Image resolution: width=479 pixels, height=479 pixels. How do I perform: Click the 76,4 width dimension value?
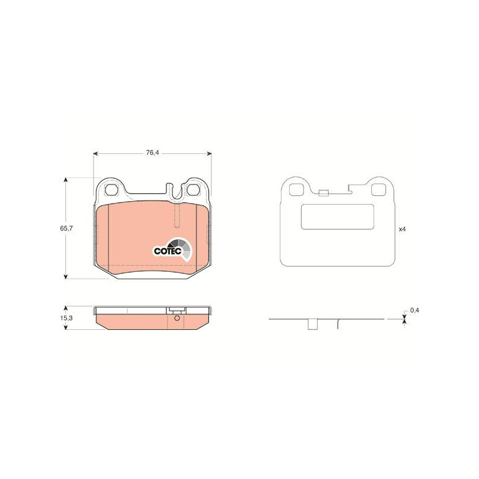pos(153,153)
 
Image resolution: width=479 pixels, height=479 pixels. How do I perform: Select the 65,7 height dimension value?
pos(66,228)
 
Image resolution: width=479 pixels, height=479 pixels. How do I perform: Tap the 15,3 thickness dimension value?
pos(66,318)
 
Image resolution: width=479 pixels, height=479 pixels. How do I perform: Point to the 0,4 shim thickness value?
pos(414,310)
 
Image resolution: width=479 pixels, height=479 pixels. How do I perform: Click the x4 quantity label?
pos(402,229)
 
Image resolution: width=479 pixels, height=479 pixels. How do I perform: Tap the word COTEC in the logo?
pos(168,251)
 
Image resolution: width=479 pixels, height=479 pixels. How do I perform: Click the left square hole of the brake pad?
pos(111,190)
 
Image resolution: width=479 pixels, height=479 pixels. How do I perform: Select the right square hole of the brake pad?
pos(193,190)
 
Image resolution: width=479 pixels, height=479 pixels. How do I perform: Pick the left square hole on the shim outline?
pos(296,190)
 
